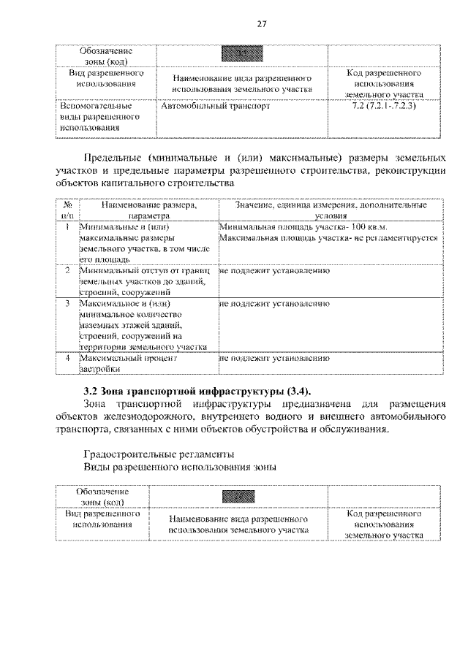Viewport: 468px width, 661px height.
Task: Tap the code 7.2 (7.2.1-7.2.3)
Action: (384, 107)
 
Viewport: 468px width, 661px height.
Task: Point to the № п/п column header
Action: (67, 211)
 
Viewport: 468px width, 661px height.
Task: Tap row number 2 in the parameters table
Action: (67, 271)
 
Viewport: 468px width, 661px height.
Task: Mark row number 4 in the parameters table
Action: (67, 359)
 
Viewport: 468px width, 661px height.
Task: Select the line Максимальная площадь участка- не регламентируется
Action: (328, 238)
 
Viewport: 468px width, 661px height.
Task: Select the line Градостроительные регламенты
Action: (159, 453)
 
